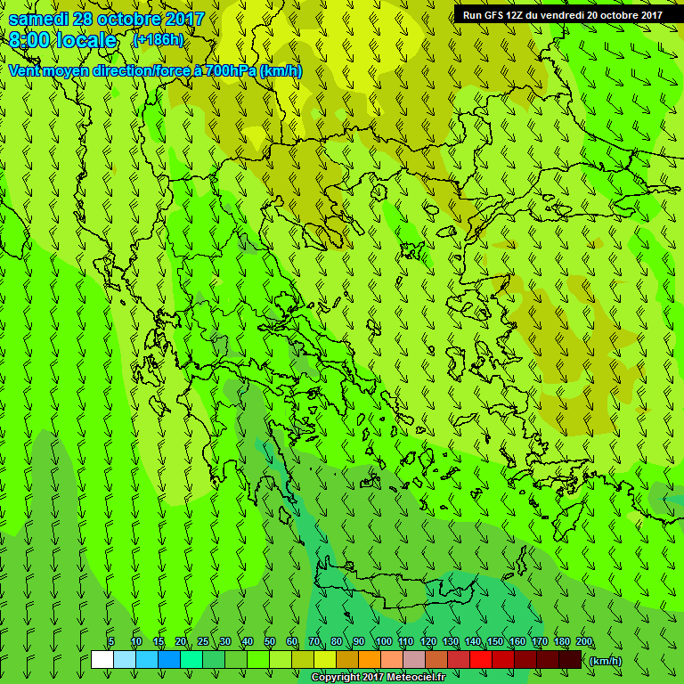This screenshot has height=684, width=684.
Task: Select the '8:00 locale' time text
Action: [62, 40]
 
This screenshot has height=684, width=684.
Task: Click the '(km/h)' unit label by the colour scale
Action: [607, 661]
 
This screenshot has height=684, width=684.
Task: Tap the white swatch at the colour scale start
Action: [102, 660]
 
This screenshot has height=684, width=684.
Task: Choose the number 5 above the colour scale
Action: [111, 642]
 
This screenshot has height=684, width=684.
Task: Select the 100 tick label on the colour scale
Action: [384, 642]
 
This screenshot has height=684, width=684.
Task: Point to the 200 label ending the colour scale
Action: [584, 642]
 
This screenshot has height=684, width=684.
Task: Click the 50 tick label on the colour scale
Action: [270, 642]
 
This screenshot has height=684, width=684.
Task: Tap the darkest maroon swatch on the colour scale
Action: [570, 660]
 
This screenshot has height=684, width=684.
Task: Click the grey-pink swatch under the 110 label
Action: [414, 660]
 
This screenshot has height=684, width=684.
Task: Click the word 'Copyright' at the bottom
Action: [337, 678]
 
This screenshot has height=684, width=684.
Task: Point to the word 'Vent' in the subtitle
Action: [24, 70]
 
